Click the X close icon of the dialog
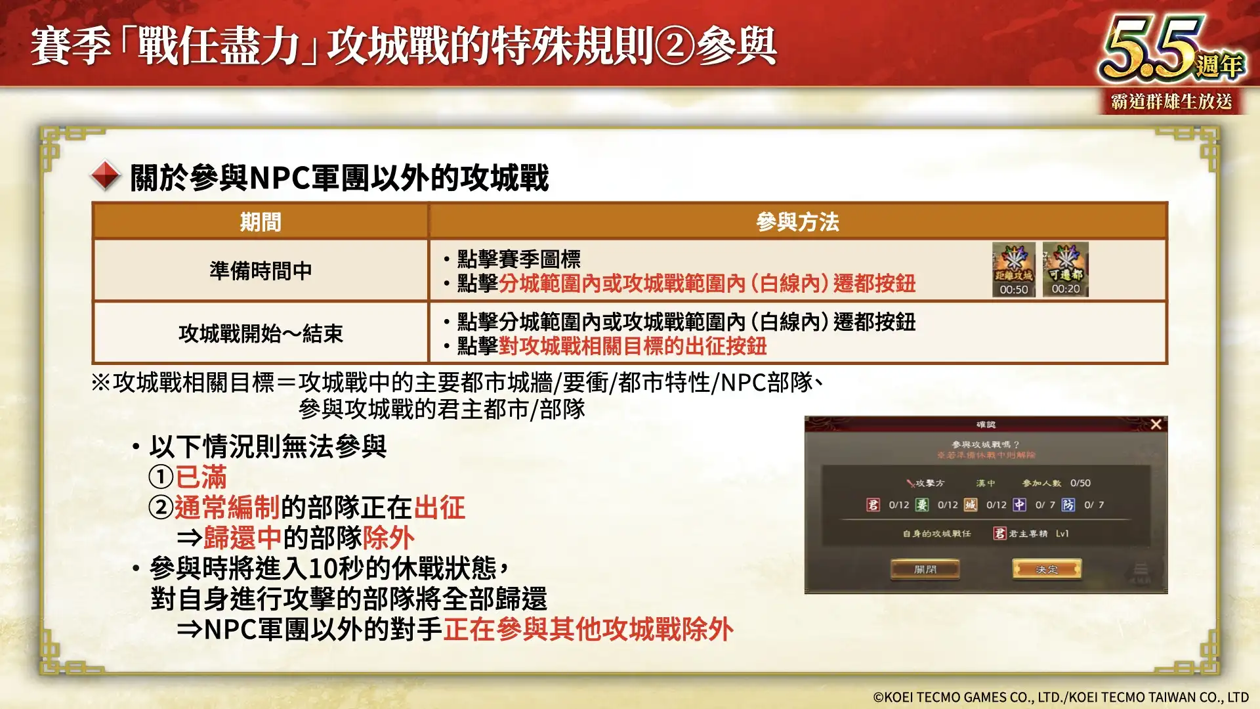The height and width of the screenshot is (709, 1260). click(1156, 424)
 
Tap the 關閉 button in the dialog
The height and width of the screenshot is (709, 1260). click(925, 569)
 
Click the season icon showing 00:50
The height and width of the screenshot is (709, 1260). click(1013, 269)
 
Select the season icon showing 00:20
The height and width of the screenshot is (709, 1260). click(1065, 269)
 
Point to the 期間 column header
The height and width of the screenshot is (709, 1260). click(261, 222)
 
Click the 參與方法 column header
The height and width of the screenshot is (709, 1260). click(797, 222)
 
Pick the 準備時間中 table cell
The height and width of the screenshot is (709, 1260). click(261, 270)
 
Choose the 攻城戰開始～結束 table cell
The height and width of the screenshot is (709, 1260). click(261, 333)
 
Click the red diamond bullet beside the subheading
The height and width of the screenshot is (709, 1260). click(106, 176)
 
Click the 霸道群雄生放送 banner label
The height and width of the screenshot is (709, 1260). click(1171, 102)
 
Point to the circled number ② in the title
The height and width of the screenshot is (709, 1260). click(675, 47)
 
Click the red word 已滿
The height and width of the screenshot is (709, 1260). click(201, 477)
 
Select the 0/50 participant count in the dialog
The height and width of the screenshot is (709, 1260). click(1080, 483)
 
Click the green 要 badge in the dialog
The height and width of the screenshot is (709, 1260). click(922, 505)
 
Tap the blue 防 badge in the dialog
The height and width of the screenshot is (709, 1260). click(1068, 505)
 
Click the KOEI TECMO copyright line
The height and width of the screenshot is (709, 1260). click(1060, 697)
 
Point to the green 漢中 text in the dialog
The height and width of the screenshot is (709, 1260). click(985, 483)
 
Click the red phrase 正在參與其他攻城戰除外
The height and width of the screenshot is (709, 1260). click(588, 630)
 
